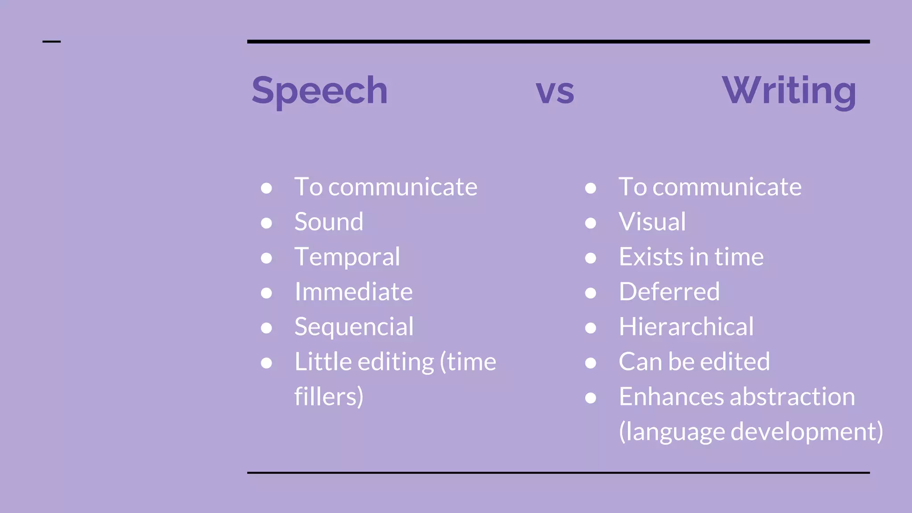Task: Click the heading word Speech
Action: tap(319, 90)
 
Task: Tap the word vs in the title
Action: tap(555, 92)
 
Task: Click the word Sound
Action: tap(329, 222)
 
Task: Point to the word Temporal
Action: tap(347, 257)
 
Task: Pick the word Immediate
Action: tap(354, 292)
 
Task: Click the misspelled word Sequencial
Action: tap(354, 327)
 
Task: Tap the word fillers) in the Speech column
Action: tap(329, 396)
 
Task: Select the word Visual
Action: tap(652, 222)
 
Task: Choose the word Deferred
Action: tap(669, 292)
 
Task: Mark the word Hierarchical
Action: tap(686, 327)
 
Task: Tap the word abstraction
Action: tap(792, 396)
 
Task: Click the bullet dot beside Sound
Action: tap(266, 223)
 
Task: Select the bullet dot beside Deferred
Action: tap(590, 293)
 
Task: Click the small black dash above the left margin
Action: tap(51, 42)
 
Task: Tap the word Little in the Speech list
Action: tap(321, 362)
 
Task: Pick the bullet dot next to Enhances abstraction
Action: tap(590, 398)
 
